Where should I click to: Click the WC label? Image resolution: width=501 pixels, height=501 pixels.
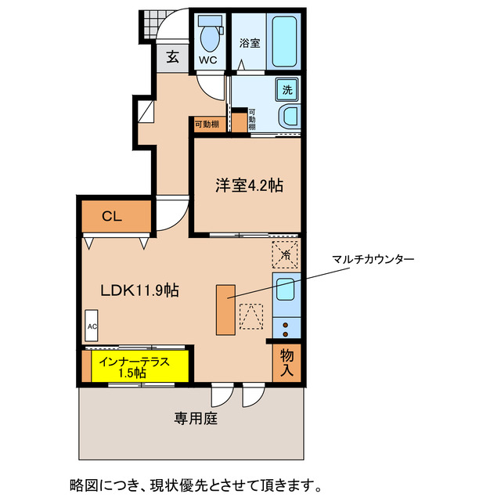click(207, 59)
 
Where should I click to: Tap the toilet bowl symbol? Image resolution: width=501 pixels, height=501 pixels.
click(208, 35)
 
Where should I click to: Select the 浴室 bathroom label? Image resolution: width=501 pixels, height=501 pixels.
click(250, 44)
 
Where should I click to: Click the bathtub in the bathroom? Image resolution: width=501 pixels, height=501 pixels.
click(285, 41)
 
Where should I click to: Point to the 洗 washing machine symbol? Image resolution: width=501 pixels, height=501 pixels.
click(287, 90)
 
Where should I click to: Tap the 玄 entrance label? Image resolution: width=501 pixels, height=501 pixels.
click(171, 56)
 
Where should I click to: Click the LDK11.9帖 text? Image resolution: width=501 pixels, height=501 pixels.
click(140, 290)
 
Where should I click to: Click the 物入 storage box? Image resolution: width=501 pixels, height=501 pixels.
click(287, 363)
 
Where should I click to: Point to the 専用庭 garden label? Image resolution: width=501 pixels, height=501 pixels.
click(196, 418)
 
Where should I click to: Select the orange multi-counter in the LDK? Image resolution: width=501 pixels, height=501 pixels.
click(225, 310)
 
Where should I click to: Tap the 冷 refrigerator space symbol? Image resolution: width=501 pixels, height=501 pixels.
click(286, 254)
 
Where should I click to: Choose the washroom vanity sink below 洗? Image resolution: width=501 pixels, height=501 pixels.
click(289, 117)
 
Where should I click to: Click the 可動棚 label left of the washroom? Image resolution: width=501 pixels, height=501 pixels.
click(207, 124)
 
